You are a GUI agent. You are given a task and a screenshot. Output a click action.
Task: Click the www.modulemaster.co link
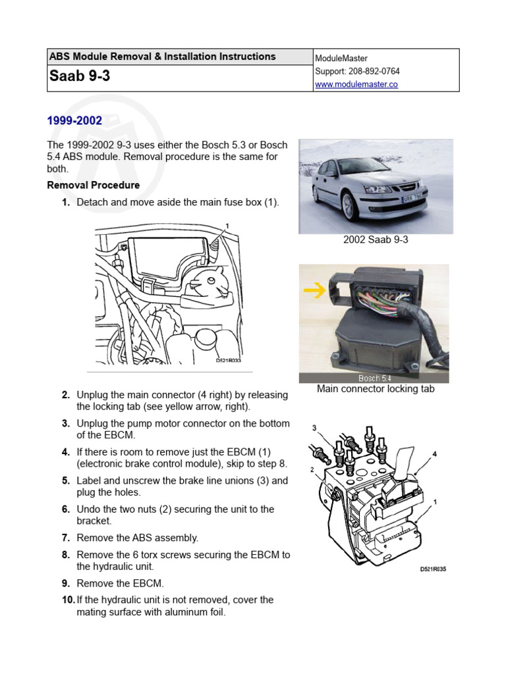coord(356,84)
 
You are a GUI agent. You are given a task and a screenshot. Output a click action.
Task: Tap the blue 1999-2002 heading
coord(74,120)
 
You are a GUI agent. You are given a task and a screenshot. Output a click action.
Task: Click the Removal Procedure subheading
coord(94,185)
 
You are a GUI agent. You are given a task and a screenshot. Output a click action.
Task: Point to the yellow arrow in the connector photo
coord(314,290)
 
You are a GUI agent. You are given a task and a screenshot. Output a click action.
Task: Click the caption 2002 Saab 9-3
coord(376,240)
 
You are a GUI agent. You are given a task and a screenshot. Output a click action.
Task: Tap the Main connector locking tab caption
coord(376,389)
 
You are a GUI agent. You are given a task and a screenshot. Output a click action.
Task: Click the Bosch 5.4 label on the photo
coord(374,378)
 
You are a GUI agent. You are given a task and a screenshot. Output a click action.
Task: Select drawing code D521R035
coord(433,569)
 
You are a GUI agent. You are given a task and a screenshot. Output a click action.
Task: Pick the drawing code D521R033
coord(229,360)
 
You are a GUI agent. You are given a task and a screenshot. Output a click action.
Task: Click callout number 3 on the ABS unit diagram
coord(314,428)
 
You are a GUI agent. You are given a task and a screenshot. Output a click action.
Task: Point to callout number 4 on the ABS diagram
coord(434,454)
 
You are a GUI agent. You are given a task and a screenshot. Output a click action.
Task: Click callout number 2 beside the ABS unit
coord(313,470)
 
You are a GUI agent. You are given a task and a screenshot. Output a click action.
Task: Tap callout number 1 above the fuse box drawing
coord(227,226)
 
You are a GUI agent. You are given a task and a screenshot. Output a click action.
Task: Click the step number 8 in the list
coord(66,555)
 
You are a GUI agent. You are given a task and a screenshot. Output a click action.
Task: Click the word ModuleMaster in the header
coord(341,59)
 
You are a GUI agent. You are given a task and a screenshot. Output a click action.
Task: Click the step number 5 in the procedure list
coord(66,480)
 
